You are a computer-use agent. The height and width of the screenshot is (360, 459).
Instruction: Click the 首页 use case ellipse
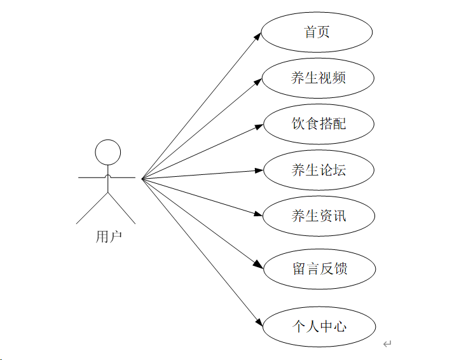pos(317,32)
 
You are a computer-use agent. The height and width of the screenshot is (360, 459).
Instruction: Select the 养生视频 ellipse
pos(318,78)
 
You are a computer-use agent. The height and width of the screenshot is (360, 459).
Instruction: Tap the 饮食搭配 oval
pos(318,123)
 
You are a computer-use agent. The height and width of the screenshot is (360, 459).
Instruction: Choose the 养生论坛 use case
pos(319,170)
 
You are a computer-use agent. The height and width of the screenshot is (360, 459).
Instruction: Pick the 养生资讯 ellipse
pos(319,216)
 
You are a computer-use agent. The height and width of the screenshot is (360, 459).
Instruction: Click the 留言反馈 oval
pos(319,268)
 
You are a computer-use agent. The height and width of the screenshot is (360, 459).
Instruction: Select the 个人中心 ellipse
pos(319,326)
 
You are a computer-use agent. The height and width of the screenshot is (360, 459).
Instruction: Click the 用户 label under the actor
pos(108,237)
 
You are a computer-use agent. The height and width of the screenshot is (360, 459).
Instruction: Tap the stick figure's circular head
pos(107,153)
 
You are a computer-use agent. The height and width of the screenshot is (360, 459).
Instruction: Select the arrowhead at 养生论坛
pos(259,170)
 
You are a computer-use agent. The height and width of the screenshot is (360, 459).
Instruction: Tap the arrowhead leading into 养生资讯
pos(258,214)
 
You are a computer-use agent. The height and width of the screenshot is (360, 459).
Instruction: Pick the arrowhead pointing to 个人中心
pos(258,322)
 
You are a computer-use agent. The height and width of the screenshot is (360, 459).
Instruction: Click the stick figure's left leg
pos(92,208)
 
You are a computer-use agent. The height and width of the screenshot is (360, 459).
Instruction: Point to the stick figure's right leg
pos(122,208)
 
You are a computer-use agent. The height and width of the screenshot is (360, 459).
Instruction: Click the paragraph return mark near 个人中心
pos(387,344)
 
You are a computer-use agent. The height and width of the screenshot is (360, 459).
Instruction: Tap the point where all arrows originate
pos(142,178)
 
